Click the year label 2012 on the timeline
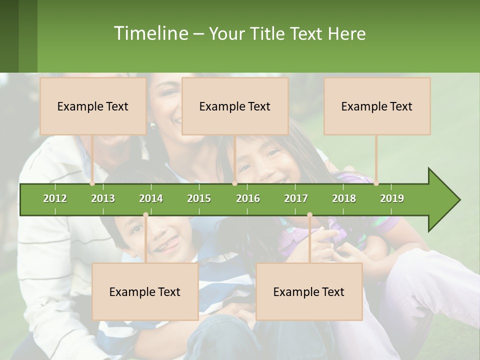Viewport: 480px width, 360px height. pyautogui.click(x=55, y=198)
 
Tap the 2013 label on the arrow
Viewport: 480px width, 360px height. pyautogui.click(x=103, y=198)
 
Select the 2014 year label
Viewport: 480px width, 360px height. pyautogui.click(x=151, y=198)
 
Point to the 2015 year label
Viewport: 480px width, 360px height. pyautogui.click(x=199, y=198)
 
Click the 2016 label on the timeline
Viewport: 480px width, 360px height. pyautogui.click(x=248, y=198)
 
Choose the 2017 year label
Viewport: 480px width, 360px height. pyautogui.click(x=296, y=198)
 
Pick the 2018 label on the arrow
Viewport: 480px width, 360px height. pyautogui.click(x=344, y=198)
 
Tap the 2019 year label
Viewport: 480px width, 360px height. pyautogui.click(x=392, y=198)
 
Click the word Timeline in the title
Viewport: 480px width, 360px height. pyautogui.click(x=150, y=33)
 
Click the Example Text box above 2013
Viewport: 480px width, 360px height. pyautogui.click(x=93, y=106)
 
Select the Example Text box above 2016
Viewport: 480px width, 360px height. pyautogui.click(x=235, y=106)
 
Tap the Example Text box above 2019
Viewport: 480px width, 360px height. pyautogui.click(x=377, y=106)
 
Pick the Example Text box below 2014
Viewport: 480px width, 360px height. pyautogui.click(x=145, y=291)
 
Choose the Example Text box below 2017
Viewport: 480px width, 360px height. pyautogui.click(x=309, y=291)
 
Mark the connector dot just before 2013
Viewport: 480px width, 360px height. pyautogui.click(x=92, y=183)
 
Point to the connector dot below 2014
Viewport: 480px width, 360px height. pyautogui.click(x=145, y=215)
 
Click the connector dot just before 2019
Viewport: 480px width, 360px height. pyautogui.click(x=376, y=183)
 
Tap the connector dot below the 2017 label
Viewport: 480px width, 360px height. pyautogui.click(x=309, y=215)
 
